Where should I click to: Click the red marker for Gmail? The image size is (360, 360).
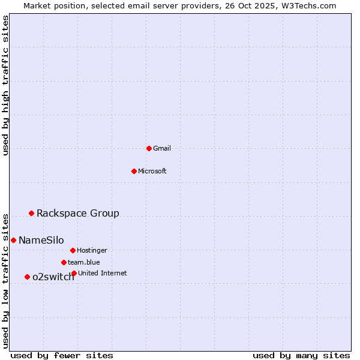click(149, 148)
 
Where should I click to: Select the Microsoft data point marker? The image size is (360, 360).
click(134, 171)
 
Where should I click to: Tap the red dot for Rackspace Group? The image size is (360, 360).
click(31, 213)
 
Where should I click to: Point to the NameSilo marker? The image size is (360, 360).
click(13, 240)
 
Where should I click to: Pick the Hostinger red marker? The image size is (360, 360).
click(73, 250)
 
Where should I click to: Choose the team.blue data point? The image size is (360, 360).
click(64, 262)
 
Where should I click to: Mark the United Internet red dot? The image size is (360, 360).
click(74, 273)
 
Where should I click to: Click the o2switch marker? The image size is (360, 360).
click(27, 277)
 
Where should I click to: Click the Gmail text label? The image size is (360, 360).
click(162, 149)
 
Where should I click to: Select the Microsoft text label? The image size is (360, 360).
click(152, 172)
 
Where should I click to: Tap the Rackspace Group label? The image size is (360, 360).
click(78, 214)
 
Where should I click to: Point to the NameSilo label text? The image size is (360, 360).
click(41, 241)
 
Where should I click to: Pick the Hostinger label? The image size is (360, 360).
click(92, 251)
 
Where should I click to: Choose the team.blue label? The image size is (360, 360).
click(84, 263)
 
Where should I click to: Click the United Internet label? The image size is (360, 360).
click(103, 274)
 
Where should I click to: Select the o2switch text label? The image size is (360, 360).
click(53, 277)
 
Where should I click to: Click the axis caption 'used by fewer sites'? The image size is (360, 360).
click(62, 356)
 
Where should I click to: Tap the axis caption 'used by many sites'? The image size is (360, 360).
click(301, 356)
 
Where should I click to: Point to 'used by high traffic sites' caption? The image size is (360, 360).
click(6, 85)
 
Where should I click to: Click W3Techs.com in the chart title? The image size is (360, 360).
click(307, 5)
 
